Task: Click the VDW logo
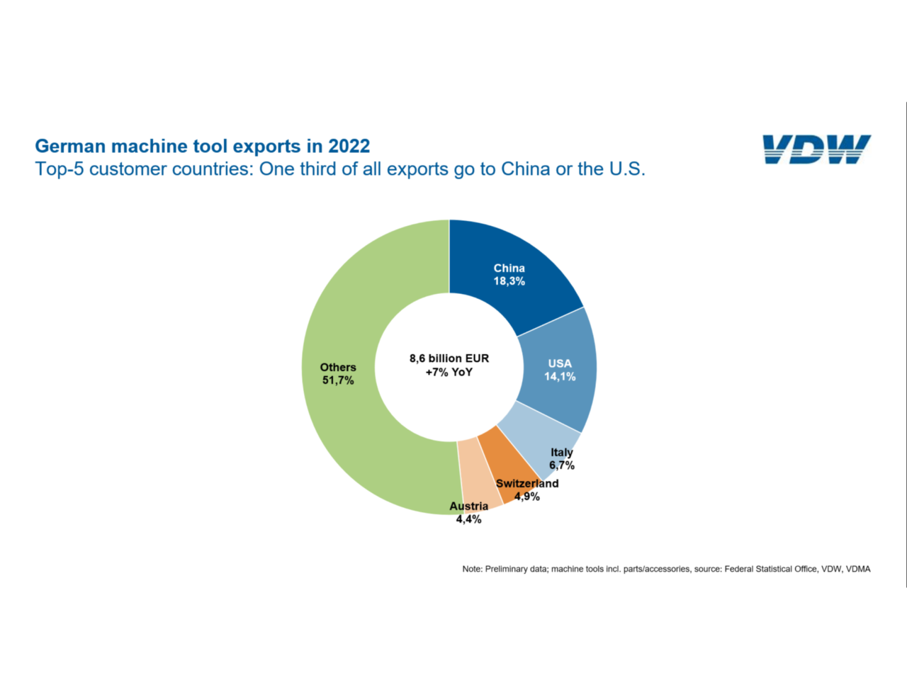pyautogui.click(x=816, y=149)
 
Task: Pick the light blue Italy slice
pyautogui.click(x=535, y=439)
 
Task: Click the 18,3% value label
pyautogui.click(x=509, y=281)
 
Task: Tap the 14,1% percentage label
pyautogui.click(x=560, y=377)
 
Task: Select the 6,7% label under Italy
pyautogui.click(x=562, y=465)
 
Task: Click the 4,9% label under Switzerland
pyautogui.click(x=527, y=497)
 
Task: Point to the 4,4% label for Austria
pyautogui.click(x=468, y=519)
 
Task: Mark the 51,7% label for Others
pyautogui.click(x=338, y=380)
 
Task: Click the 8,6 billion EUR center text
pyautogui.click(x=449, y=358)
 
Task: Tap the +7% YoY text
pyautogui.click(x=449, y=372)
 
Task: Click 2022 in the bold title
pyautogui.click(x=349, y=146)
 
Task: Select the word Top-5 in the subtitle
pyautogui.click(x=60, y=169)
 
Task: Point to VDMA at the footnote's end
pyautogui.click(x=858, y=569)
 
